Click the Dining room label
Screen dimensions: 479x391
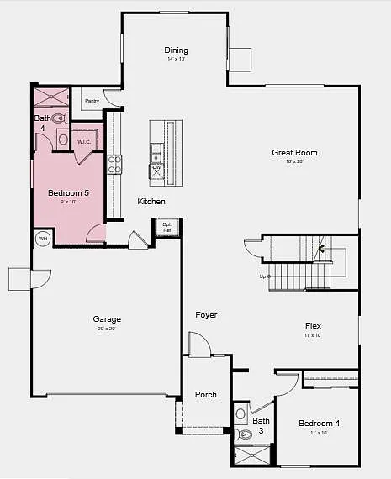(x=176, y=50)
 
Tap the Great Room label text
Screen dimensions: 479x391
(x=294, y=152)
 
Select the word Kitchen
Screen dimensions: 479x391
(x=151, y=202)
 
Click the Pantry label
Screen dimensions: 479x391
(x=92, y=101)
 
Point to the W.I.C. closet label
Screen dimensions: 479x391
(x=84, y=142)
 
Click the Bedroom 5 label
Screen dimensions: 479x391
(x=68, y=193)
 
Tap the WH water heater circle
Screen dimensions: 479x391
(x=42, y=239)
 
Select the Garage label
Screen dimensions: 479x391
(x=107, y=319)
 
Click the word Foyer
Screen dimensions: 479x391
(x=206, y=315)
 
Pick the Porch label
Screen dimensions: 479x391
(x=206, y=394)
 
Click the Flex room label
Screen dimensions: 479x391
(x=313, y=326)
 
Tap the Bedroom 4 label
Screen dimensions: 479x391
(x=319, y=424)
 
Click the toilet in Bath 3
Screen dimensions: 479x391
(x=245, y=434)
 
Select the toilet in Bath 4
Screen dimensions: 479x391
(x=61, y=119)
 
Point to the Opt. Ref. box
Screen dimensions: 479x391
(x=166, y=227)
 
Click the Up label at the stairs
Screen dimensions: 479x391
(x=262, y=276)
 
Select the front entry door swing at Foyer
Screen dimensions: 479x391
(x=198, y=344)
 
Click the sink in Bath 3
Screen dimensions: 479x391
(x=241, y=413)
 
